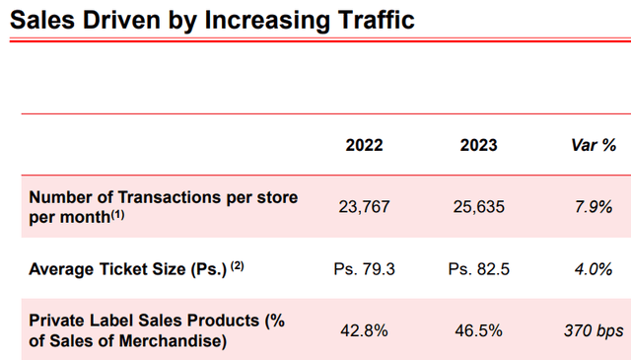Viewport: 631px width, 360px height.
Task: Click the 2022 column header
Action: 364,145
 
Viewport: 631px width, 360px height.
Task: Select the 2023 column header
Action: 478,145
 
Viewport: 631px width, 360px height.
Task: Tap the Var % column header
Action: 594,145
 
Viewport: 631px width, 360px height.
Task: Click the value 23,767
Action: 364,207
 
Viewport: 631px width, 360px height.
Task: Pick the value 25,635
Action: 478,207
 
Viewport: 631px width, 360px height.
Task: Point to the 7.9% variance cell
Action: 594,207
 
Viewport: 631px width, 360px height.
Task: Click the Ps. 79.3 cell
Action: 364,268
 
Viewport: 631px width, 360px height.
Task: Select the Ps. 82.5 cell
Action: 478,268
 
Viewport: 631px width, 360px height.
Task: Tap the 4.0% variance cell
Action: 594,268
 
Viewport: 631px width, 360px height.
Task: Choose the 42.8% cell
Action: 364,330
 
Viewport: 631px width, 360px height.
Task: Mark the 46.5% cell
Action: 478,330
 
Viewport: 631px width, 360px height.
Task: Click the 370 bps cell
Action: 594,330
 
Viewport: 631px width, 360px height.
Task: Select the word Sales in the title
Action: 44,19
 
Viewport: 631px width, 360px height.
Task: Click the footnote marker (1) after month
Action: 117,214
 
